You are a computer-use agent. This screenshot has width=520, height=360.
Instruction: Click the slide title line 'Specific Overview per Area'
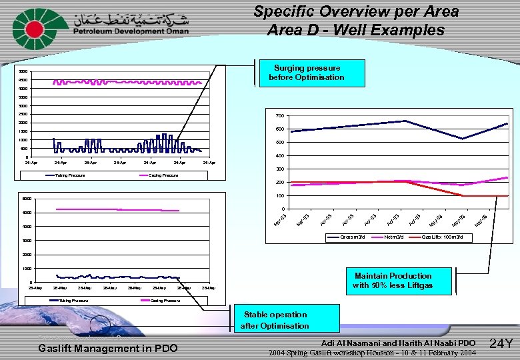tap(356, 11)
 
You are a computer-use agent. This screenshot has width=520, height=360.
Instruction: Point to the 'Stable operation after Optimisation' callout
tap(275, 320)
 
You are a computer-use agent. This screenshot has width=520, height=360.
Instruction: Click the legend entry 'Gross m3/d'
tap(352, 237)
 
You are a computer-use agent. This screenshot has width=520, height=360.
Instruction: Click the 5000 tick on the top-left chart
tap(23, 72)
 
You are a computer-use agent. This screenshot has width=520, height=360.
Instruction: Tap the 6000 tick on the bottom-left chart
tap(27, 199)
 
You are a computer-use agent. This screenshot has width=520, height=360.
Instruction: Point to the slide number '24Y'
tap(501, 344)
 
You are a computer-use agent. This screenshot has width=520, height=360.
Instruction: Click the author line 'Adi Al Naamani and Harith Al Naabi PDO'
tap(398, 343)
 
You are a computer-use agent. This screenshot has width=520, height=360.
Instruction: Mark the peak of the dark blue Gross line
tap(405, 121)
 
